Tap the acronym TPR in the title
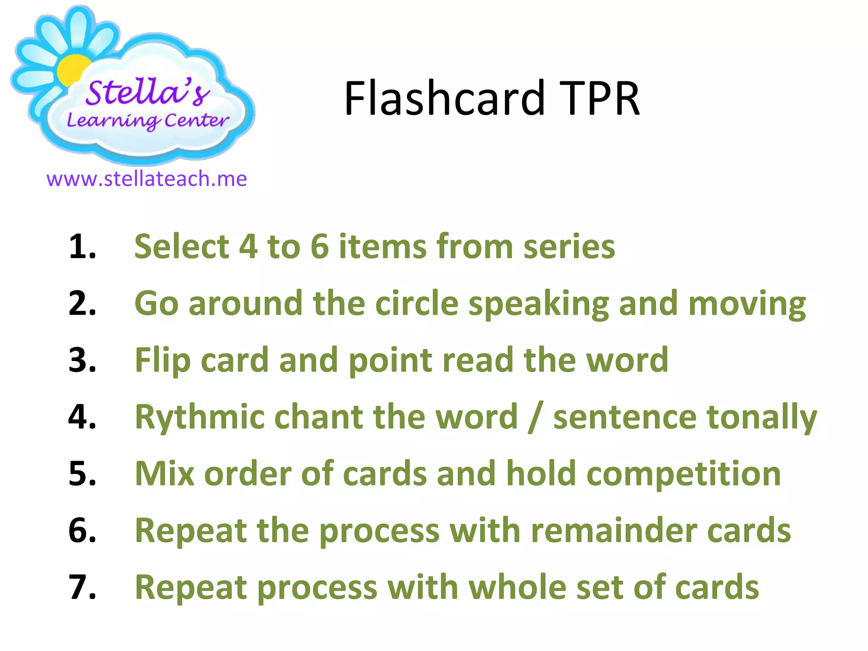(599, 98)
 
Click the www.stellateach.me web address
(147, 179)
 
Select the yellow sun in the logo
(73, 70)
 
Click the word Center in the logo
(197, 120)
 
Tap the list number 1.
(82, 247)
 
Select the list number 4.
(82, 417)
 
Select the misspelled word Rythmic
(200, 418)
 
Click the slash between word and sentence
(535, 418)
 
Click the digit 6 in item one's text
(320, 247)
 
